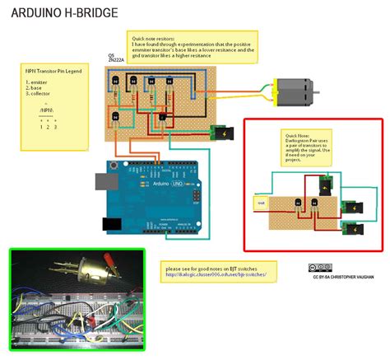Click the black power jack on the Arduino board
coord(108,223)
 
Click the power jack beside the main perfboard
coord(221,133)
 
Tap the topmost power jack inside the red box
coord(327,185)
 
